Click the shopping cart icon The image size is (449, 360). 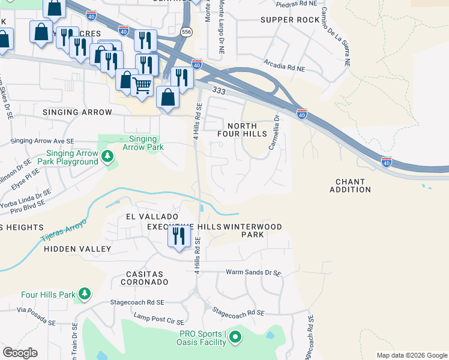(142, 85)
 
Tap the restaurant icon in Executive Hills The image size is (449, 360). (178, 236)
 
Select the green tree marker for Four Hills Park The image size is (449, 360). (85, 294)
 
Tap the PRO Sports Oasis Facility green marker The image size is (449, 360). (235, 338)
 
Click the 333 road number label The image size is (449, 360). (218, 89)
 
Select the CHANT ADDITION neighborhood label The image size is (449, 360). (351, 185)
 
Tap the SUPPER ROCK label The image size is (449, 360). (291, 20)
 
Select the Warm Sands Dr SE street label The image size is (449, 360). (253, 272)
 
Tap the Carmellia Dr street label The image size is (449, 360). (276, 132)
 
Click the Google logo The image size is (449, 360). (20, 353)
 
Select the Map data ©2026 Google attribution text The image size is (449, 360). (411, 355)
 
